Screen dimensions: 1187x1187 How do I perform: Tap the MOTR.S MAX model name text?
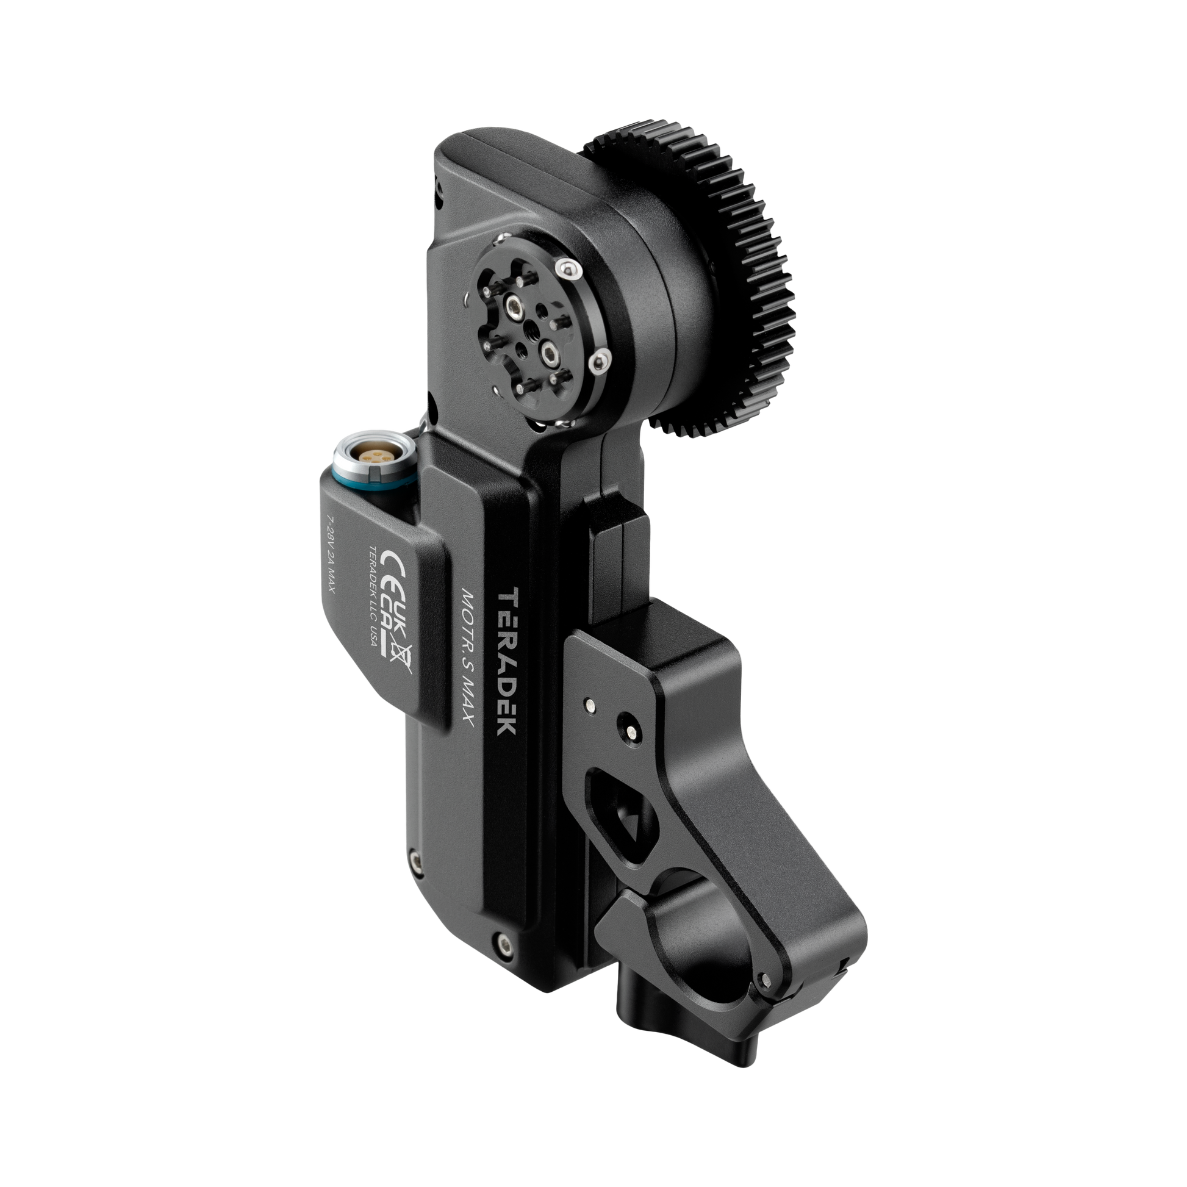tap(466, 656)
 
